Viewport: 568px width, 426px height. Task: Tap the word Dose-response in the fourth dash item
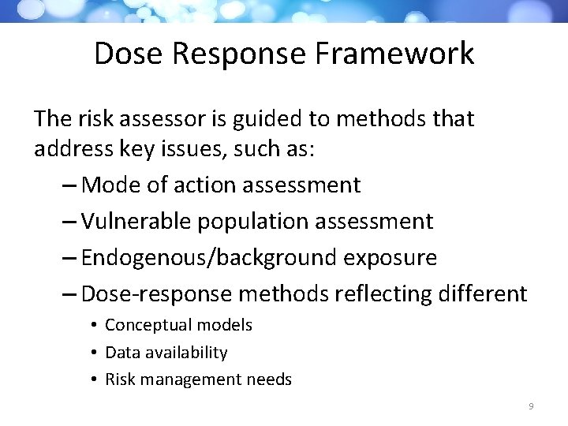[x=157, y=294]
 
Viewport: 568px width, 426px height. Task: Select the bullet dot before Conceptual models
[x=93, y=325]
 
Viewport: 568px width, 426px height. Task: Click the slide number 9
[x=531, y=405]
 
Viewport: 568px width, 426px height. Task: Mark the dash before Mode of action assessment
[x=68, y=186]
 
